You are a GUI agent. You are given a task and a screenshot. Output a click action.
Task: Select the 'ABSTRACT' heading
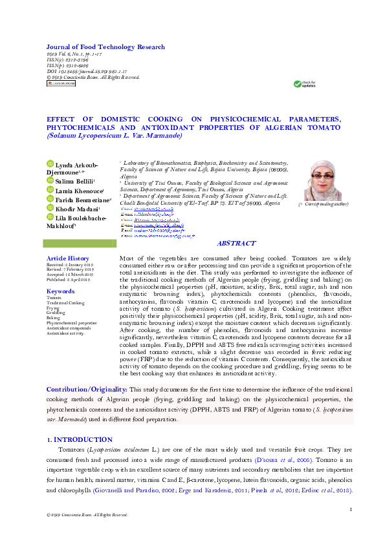(x=236, y=244)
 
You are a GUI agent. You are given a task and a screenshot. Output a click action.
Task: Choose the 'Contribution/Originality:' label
(x=87, y=389)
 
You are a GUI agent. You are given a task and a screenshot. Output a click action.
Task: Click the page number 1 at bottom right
(x=350, y=510)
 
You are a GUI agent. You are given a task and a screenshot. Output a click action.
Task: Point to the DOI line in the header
(x=87, y=72)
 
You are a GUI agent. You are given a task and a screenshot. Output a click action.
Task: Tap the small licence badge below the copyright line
(x=61, y=83)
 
